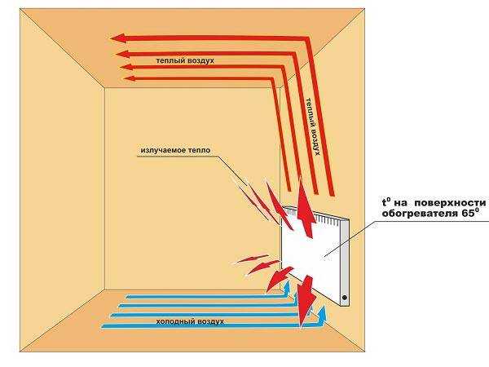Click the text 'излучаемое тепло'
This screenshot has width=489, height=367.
[x=178, y=152]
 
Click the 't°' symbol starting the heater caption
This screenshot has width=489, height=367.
[x=386, y=201]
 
